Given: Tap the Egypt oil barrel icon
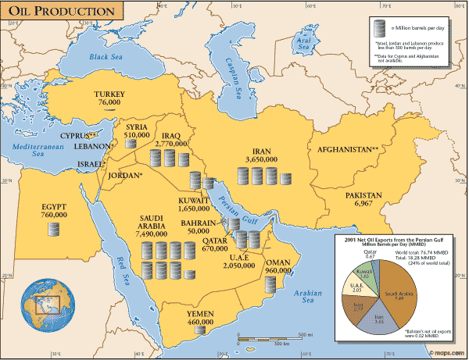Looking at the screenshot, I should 53,230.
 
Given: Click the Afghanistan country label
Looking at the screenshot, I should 346,148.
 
